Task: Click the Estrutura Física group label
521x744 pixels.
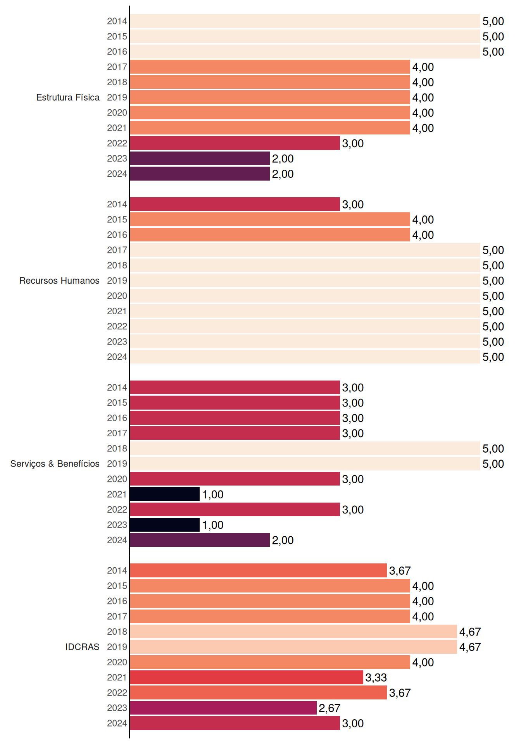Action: click(x=68, y=97)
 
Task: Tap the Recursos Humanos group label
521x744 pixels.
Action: click(x=59, y=281)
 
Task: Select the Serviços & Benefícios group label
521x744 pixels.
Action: click(x=55, y=464)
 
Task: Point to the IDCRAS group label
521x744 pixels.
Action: click(x=82, y=647)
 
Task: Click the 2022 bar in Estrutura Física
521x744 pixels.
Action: click(x=235, y=143)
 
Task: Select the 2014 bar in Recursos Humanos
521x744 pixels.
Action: click(x=235, y=204)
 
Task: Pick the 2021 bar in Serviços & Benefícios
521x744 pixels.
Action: click(x=165, y=494)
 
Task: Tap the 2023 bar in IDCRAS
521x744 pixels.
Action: click(x=223, y=708)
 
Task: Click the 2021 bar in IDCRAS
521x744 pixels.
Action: click(x=247, y=677)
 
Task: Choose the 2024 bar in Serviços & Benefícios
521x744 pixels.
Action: click(x=200, y=540)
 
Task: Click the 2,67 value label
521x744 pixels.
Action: click(x=330, y=708)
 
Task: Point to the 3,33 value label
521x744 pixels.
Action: click(x=376, y=678)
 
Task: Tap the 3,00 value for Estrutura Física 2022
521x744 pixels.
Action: click(x=353, y=144)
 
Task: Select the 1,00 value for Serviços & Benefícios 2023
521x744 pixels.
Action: click(x=213, y=525)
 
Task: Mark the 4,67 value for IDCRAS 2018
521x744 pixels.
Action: click(x=470, y=632)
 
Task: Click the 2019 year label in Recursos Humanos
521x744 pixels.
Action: click(x=117, y=281)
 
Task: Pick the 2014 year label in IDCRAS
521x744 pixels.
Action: click(x=117, y=570)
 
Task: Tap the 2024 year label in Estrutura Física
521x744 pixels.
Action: click(x=117, y=174)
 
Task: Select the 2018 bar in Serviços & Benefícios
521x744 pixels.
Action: click(x=305, y=448)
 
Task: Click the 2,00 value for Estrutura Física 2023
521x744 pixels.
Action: click(x=283, y=159)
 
